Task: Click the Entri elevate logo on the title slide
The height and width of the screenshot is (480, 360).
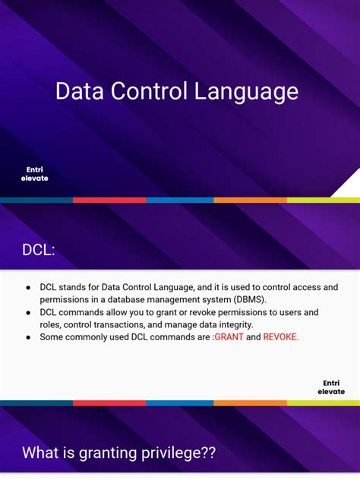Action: pos(34,174)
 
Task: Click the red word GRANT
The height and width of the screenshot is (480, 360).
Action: pos(229,336)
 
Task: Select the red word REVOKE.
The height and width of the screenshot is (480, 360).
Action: pos(280,336)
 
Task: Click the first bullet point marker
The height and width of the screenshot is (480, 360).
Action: pos(28,287)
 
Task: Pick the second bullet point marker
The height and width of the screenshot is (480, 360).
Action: pos(28,312)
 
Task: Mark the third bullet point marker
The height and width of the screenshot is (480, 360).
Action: pos(28,336)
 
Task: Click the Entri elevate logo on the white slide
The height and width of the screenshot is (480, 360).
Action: pos(331,387)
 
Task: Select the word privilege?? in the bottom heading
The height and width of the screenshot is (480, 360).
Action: pos(180,453)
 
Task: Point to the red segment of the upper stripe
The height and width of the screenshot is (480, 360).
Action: pos(109,200)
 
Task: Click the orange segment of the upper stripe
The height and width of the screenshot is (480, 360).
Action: pos(250,200)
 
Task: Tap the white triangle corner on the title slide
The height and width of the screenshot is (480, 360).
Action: pos(349,187)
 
